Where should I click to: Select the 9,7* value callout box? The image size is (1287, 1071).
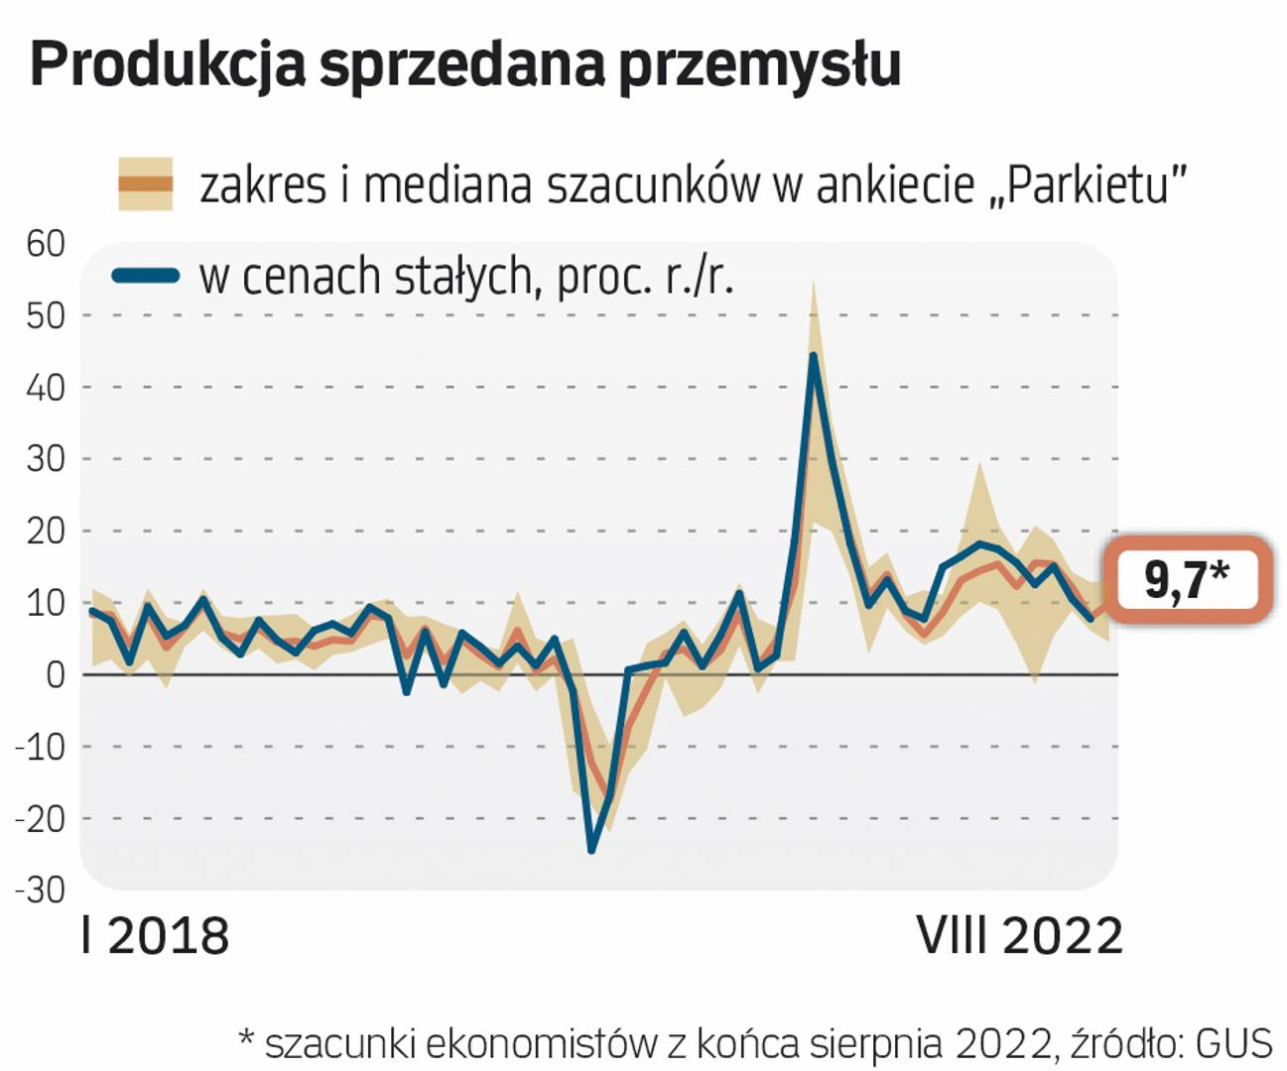(x=1188, y=580)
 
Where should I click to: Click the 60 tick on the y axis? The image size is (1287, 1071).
(x=46, y=243)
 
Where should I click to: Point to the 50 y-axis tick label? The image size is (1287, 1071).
(x=46, y=315)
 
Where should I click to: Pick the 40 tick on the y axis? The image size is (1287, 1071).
(x=46, y=387)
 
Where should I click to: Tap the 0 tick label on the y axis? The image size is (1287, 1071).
(x=56, y=674)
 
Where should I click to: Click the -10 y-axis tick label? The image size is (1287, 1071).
(x=40, y=746)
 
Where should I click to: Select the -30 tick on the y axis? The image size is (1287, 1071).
(x=40, y=890)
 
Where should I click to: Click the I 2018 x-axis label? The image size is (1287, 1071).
(x=155, y=936)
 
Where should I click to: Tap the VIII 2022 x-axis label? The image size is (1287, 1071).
(x=1019, y=936)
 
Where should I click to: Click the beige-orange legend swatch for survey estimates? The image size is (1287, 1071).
(x=145, y=183)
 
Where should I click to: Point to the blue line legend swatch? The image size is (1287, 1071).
(x=145, y=276)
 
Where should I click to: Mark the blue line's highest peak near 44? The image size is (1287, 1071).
(x=813, y=355)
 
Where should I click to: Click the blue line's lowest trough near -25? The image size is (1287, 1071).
(x=591, y=850)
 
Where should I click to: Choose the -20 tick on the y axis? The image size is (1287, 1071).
(x=40, y=818)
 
